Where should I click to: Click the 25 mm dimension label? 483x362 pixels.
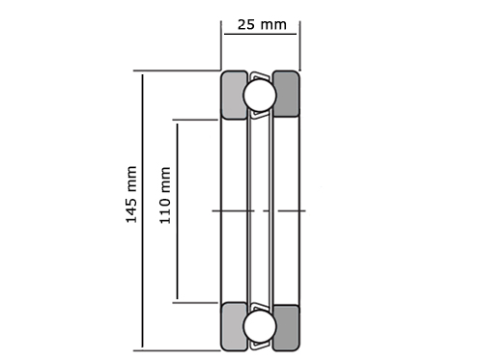262,25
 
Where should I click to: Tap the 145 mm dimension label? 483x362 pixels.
131,194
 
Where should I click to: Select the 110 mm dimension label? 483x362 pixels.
165,195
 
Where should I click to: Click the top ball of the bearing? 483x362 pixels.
260,96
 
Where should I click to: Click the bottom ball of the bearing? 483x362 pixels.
260,326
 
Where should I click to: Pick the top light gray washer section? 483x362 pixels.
233,96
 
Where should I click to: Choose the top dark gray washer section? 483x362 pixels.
287,94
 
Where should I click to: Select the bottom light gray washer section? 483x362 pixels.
233,326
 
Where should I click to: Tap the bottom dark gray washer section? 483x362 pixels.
287,327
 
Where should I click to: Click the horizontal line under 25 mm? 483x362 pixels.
260,34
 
